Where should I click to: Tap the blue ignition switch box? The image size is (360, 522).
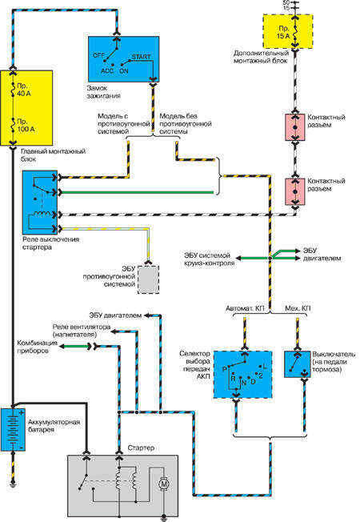point(122,58)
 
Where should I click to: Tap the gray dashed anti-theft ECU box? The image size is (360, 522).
point(148,278)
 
